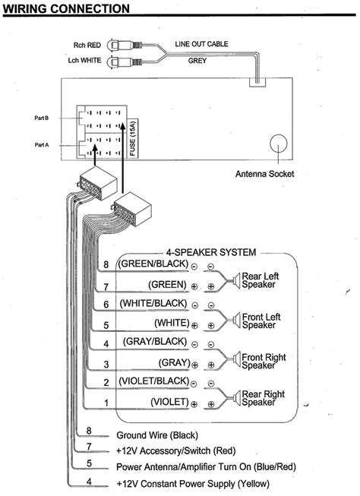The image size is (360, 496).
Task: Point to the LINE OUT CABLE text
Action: [201, 45]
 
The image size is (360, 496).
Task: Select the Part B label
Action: [42, 118]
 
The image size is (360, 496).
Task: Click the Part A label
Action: [42, 144]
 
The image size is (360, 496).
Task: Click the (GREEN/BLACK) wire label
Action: [152, 265]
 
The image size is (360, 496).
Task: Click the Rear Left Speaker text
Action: [262, 280]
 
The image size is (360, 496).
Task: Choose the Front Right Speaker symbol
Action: [235, 358]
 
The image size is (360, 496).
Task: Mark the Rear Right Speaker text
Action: [263, 398]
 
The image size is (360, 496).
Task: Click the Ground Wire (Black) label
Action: [156, 435]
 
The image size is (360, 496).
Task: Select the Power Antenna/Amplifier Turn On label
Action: [190, 467]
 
